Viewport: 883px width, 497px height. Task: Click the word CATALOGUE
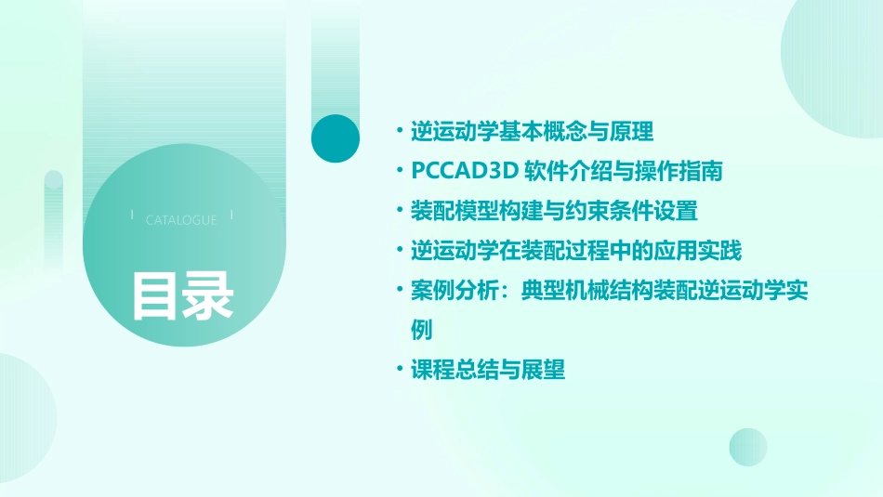coord(181,220)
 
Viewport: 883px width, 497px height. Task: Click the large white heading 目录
coord(182,295)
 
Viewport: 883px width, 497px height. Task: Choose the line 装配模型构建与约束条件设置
coord(554,211)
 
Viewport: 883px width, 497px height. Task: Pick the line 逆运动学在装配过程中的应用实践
coord(576,251)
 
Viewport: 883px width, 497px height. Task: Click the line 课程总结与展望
coord(488,370)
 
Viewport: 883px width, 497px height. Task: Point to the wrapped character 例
coord(422,330)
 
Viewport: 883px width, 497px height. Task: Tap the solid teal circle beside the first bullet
coord(335,138)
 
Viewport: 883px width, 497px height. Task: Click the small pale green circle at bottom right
coord(748,447)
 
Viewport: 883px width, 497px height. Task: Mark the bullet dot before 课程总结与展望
coord(399,370)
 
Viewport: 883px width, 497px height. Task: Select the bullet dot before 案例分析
coord(399,291)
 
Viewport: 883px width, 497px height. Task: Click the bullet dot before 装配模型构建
coord(399,211)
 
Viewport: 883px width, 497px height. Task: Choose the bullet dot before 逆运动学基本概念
coord(399,131)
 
